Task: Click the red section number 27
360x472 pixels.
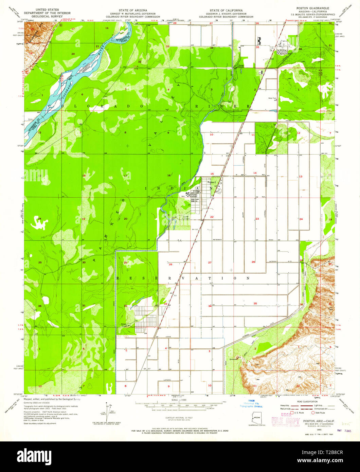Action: (210, 262)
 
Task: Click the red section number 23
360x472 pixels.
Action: (257, 219)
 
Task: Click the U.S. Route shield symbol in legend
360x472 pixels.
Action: (292, 413)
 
